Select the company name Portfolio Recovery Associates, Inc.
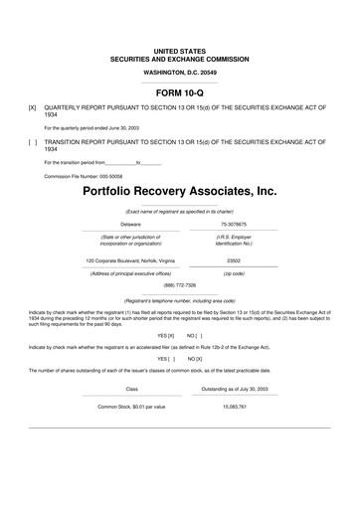click(x=180, y=189)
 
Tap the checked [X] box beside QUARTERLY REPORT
click(x=33, y=106)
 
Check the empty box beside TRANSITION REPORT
click(x=33, y=142)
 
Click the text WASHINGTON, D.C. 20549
click(x=180, y=73)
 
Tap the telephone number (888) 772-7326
click(x=180, y=284)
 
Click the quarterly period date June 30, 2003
click(x=140, y=127)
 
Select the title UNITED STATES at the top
click(x=180, y=49)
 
